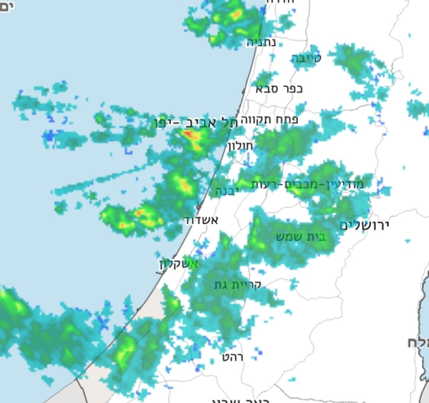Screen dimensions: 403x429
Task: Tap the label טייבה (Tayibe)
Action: pyautogui.click(x=306, y=59)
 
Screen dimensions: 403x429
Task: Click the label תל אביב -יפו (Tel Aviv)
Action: pyautogui.click(x=197, y=123)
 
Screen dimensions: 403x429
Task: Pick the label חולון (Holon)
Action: pyautogui.click(x=241, y=146)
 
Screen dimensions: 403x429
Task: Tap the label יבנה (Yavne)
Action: pyautogui.click(x=227, y=191)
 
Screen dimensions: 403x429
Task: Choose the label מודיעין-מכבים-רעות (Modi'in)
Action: pyautogui.click(x=307, y=184)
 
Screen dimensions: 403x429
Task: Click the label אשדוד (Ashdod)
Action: pyautogui.click(x=201, y=220)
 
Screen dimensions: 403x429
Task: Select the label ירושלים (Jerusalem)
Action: pyautogui.click(x=364, y=225)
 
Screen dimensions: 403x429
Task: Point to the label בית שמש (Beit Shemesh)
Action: pyautogui.click(x=301, y=237)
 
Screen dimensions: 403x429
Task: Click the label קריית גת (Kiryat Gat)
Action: pyautogui.click(x=238, y=285)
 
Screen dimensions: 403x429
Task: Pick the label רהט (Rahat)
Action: pyautogui.click(x=233, y=357)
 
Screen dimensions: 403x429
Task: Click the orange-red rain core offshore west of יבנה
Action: pyautogui.click(x=184, y=184)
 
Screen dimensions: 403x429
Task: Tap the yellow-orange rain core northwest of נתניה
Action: pyautogui.click(x=236, y=15)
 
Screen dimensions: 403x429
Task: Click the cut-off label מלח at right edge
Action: pyautogui.click(x=417, y=342)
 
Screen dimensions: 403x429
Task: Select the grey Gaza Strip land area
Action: pyautogui.click(x=96, y=382)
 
